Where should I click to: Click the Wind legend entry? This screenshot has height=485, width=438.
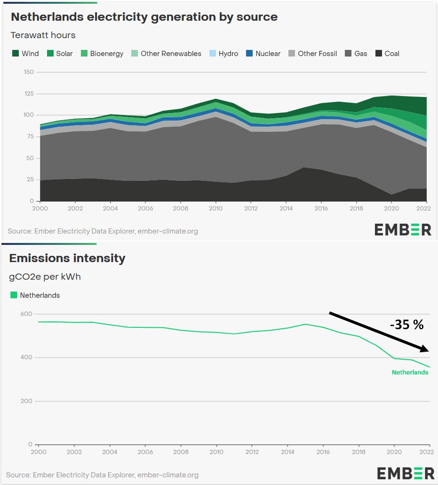point(25,54)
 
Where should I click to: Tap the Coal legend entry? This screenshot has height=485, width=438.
point(387,54)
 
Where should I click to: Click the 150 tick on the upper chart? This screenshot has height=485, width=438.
point(29,72)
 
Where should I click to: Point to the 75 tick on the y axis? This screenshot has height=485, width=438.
point(31,137)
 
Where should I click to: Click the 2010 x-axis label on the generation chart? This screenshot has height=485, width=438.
point(216,208)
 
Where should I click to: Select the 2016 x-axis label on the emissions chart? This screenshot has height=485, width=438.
point(323,451)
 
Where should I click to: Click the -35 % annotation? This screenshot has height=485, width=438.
point(406,325)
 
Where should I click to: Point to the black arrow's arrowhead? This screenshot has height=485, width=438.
point(425,349)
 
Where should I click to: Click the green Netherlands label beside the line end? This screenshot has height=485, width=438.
point(410,372)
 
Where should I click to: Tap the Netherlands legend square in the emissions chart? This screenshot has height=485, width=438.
point(14,295)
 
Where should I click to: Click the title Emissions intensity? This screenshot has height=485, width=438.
point(67,258)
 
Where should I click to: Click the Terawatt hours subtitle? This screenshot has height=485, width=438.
point(43,35)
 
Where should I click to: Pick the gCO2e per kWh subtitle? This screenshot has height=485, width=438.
point(45,276)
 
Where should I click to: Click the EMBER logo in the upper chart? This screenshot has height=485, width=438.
point(403,230)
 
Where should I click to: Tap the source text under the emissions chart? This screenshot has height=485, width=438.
point(102,475)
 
